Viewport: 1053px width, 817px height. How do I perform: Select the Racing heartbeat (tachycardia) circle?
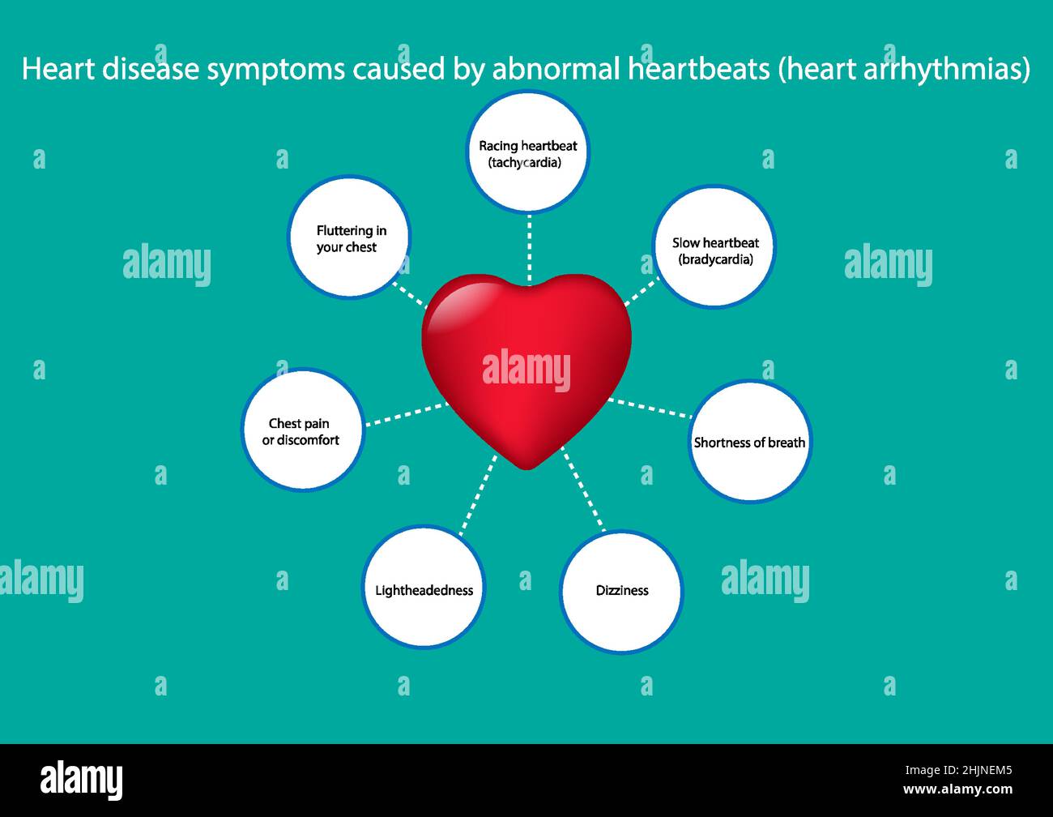pyautogui.click(x=528, y=152)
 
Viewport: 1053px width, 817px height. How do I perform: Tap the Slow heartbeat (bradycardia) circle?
pyautogui.click(x=714, y=247)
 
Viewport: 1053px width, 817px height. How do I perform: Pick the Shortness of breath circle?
pyautogui.click(x=749, y=442)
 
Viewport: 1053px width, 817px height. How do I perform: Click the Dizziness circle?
pyautogui.click(x=621, y=592)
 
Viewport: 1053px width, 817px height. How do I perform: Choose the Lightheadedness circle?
pyautogui.click(x=423, y=588)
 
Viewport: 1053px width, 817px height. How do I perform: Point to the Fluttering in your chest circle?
pyautogui.click(x=349, y=237)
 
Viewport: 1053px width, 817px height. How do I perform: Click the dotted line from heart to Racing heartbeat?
pyautogui.click(x=529, y=247)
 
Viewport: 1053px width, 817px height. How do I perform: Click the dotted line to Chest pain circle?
pyautogui.click(x=405, y=414)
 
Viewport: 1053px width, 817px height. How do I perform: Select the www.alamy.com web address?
pyautogui.click(x=957, y=789)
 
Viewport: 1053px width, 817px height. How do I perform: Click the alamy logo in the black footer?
pyautogui.click(x=82, y=780)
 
